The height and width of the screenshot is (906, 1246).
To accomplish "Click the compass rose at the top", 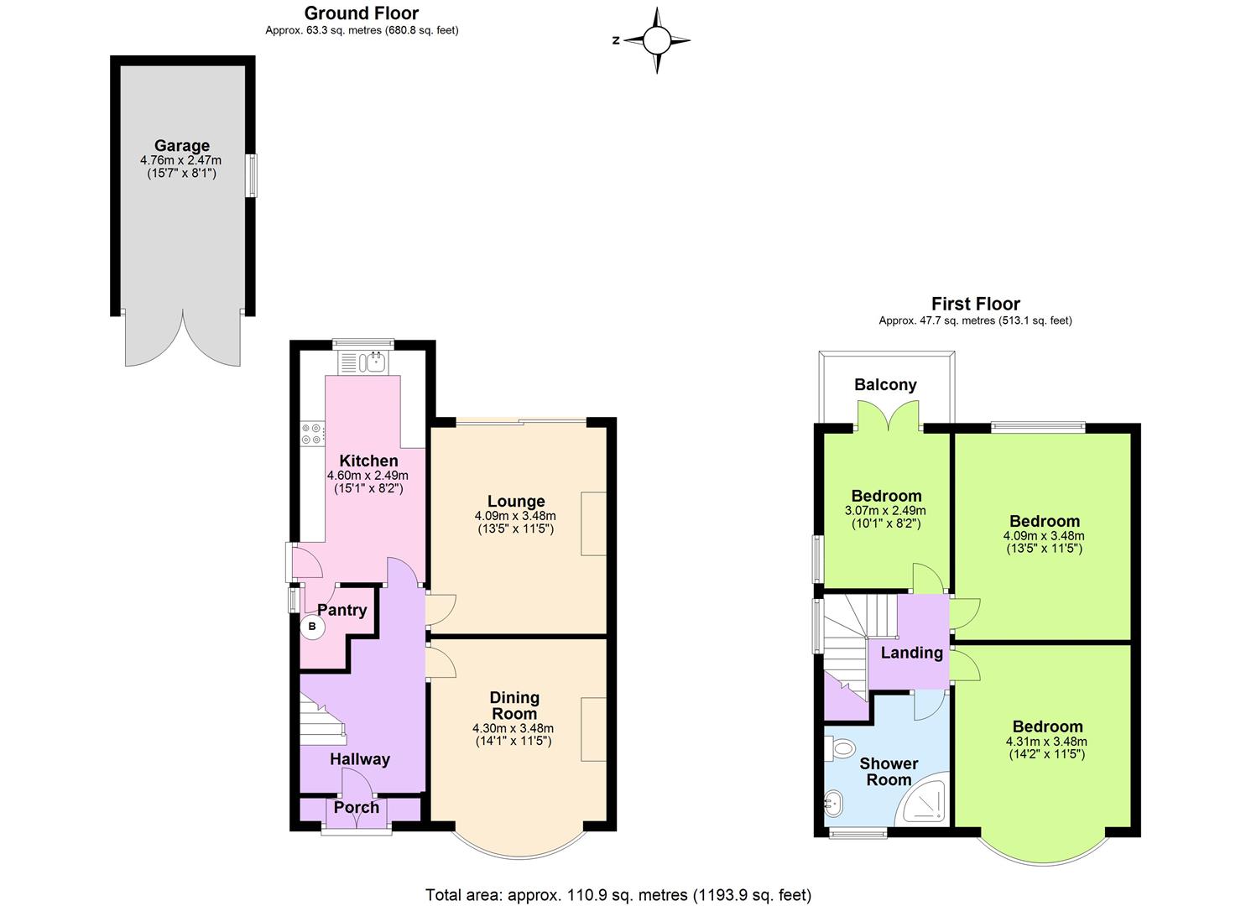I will click(657, 39).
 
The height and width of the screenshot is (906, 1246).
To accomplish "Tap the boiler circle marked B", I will click(312, 626).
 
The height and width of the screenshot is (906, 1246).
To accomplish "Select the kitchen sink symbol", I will click(362, 362).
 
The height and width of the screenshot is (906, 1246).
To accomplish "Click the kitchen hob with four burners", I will click(312, 433).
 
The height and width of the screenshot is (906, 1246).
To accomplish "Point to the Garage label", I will click(181, 146).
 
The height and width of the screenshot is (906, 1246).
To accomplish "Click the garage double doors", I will click(183, 339).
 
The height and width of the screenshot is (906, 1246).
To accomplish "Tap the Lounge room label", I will click(515, 502).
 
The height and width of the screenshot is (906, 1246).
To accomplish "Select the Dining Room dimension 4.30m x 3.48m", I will click(513, 728).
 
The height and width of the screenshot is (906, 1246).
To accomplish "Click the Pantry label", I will click(341, 610).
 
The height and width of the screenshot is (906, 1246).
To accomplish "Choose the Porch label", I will click(357, 807).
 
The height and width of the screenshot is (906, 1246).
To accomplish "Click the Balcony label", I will click(885, 385).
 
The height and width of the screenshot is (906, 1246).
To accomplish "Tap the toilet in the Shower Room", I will click(840, 746).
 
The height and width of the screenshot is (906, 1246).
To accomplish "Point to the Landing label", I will click(911, 653).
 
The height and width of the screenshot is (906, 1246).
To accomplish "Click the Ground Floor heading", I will click(362, 13).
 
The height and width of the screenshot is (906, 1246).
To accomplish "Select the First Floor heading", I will click(975, 304).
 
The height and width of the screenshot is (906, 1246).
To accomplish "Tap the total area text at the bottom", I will click(618, 895).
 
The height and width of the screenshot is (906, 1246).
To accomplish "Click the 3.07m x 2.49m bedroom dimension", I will click(885, 510).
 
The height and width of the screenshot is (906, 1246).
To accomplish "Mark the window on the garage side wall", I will click(251, 175).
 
